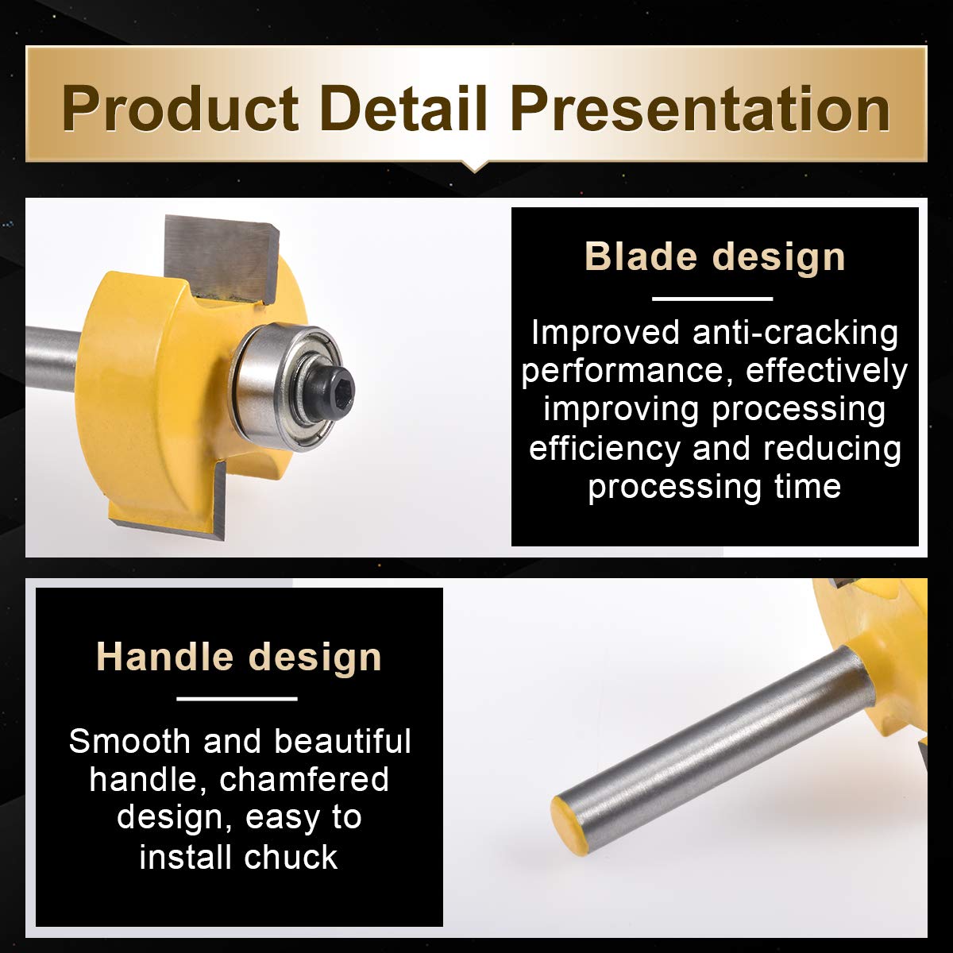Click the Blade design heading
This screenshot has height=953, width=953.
(x=715, y=257)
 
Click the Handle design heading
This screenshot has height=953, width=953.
(x=239, y=658)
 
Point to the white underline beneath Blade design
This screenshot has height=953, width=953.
(x=712, y=299)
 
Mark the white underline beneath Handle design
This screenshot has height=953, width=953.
(x=237, y=699)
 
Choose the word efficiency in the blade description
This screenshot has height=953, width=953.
(x=605, y=449)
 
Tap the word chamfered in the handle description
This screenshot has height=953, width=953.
(x=304, y=780)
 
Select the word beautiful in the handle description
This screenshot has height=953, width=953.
(x=342, y=741)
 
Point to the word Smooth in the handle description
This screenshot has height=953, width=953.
(x=129, y=741)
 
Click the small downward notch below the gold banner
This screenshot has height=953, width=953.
(x=475, y=167)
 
